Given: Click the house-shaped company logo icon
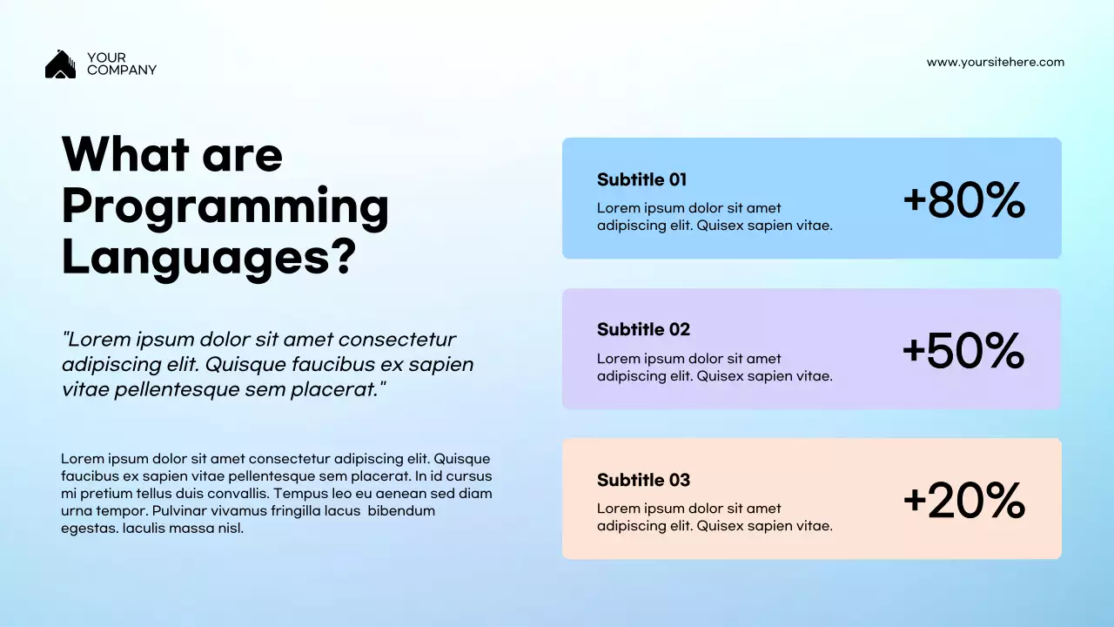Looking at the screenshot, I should tap(60, 64).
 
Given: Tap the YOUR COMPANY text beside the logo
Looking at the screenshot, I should tap(121, 64).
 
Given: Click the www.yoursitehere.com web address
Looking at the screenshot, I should tap(995, 62).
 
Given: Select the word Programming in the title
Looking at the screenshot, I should tap(225, 207).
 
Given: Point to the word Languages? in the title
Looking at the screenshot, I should tap(209, 258).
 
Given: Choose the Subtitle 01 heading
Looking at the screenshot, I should tap(641, 179).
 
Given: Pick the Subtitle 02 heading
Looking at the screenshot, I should tap(643, 329).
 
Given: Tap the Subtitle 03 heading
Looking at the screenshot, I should tap(643, 480).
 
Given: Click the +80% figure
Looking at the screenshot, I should tap(963, 200).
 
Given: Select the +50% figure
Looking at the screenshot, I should tap(963, 351).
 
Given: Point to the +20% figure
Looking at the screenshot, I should tap(963, 502).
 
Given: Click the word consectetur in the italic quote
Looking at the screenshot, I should tap(397, 340).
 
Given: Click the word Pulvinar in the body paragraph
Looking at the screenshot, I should tap(181, 510).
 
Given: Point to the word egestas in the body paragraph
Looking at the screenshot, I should tap(89, 528).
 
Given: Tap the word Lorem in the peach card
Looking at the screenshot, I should tap(616, 509).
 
